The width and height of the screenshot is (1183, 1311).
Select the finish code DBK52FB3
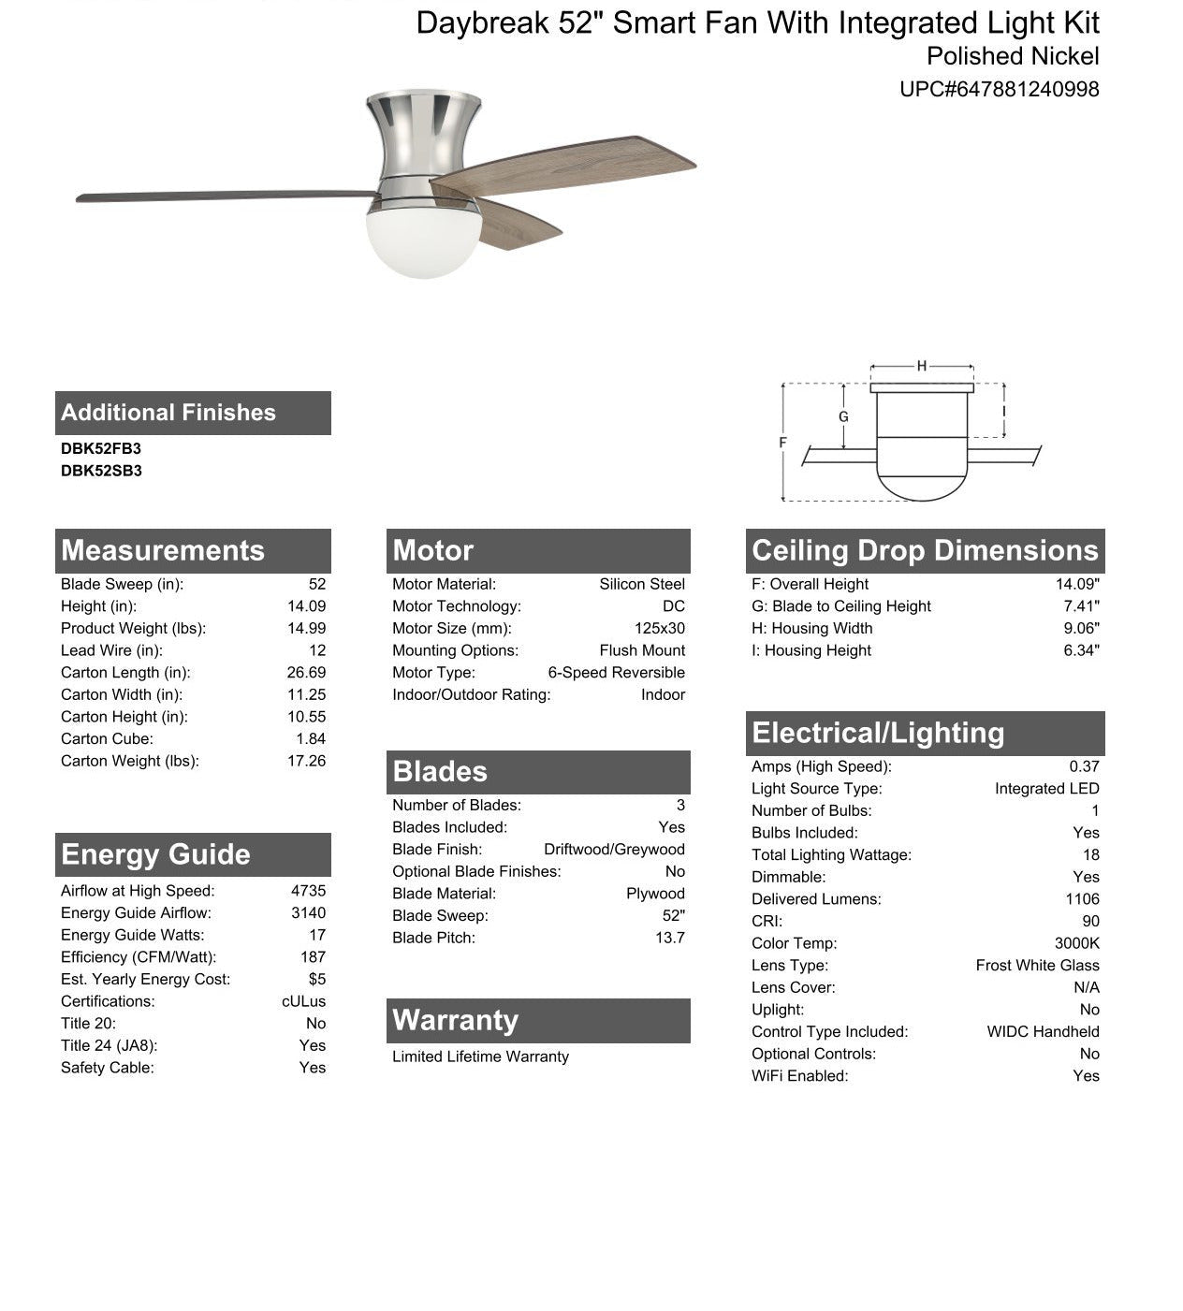pos(101,449)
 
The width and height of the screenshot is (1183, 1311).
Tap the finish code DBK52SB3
pos(101,472)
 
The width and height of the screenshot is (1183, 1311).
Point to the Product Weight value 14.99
pos(306,629)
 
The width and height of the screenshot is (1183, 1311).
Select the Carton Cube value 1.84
pos(311,739)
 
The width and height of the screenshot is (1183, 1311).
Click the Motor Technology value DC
pos(673,606)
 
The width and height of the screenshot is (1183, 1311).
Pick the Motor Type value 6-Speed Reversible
pos(616,673)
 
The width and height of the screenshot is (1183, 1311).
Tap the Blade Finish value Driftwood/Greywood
pos(614,850)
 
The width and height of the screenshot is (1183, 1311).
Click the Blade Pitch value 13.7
pos(670,938)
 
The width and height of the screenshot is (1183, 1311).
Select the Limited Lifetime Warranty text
pos(480,1056)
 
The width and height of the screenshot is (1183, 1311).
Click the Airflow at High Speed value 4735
pos(308,891)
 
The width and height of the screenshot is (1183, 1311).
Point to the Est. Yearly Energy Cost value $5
pos(317,980)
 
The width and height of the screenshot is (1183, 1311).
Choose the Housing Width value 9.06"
pos(1081,629)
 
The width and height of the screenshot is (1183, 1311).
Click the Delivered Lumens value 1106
pos(1082,899)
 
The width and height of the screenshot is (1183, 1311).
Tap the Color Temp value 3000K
pos(1076,943)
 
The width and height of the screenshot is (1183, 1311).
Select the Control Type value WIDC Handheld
pos(1043,1032)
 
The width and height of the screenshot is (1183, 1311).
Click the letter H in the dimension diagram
pos(922,366)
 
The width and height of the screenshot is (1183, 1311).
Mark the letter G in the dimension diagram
pos(843,417)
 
